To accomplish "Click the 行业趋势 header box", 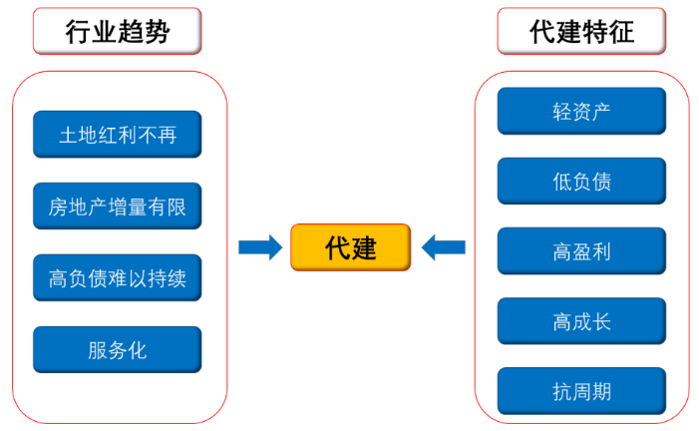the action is [x=118, y=31].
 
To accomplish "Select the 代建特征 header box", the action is [x=581, y=31].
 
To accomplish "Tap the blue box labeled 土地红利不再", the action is [x=118, y=135].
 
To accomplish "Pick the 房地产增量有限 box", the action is [x=118, y=207].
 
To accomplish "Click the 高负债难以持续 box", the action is [x=118, y=278].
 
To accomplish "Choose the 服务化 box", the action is [x=118, y=350].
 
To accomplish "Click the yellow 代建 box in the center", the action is [x=350, y=247].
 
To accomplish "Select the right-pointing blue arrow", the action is [x=260, y=247].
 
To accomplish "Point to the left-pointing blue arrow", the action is [x=443, y=247].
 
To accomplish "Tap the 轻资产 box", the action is [x=581, y=111].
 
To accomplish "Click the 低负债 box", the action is [x=581, y=182].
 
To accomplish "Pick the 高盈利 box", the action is [x=581, y=251].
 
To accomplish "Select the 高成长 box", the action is [x=581, y=321].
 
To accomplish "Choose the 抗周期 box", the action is [x=581, y=391].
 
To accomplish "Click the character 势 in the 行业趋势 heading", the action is [x=157, y=32].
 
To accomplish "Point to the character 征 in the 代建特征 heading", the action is [x=621, y=32].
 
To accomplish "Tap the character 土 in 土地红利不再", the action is [x=68, y=136].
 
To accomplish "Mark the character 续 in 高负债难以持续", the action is [x=176, y=279].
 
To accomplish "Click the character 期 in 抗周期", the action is [x=602, y=392].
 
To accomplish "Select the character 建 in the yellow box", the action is [x=363, y=248].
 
